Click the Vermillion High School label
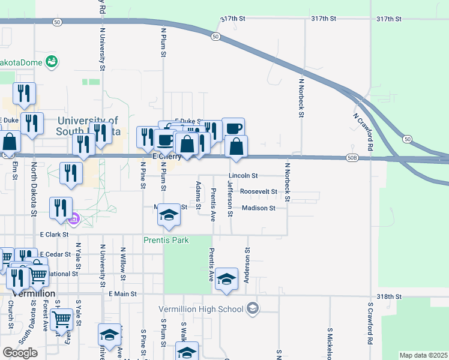[x=201, y=309]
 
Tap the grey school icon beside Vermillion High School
[x=253, y=309]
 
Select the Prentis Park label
[x=166, y=241]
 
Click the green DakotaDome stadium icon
[x=52, y=61]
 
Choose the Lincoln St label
[x=243, y=176]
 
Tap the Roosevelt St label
[x=258, y=192]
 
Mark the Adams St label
[x=198, y=193]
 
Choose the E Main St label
[x=123, y=294]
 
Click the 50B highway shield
[x=352, y=158]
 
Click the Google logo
[x=20, y=352]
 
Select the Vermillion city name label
[x=34, y=293]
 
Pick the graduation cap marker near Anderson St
[x=226, y=278]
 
